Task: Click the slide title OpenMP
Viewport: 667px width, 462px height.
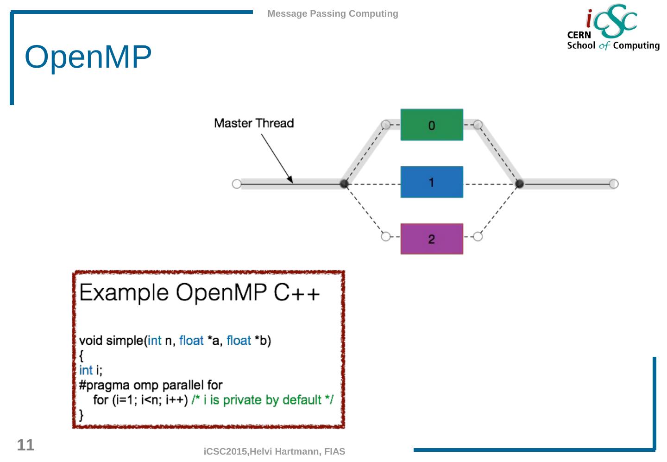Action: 88,57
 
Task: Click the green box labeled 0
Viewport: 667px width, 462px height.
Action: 431,125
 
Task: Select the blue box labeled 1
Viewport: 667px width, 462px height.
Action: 431,182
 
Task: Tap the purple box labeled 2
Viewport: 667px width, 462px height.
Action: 431,239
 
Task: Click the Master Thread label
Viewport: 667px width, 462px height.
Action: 254,123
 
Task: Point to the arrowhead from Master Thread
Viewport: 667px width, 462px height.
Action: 290,180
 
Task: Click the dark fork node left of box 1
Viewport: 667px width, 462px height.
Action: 344,184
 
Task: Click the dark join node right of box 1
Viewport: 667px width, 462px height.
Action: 519,184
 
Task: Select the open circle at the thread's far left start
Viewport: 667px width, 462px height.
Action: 236,184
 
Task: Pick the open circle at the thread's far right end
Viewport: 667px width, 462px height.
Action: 614,184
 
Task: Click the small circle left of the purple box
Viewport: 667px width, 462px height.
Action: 385,237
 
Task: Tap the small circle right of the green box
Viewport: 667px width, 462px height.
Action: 478,125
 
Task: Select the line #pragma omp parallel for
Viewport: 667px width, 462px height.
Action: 151,385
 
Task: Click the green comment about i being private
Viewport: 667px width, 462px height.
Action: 262,400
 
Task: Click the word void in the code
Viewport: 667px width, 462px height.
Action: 91,341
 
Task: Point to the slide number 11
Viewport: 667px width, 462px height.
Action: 25,445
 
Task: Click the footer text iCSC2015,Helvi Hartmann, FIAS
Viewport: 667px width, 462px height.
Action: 274,451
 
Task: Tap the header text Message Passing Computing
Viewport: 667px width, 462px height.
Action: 333,14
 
